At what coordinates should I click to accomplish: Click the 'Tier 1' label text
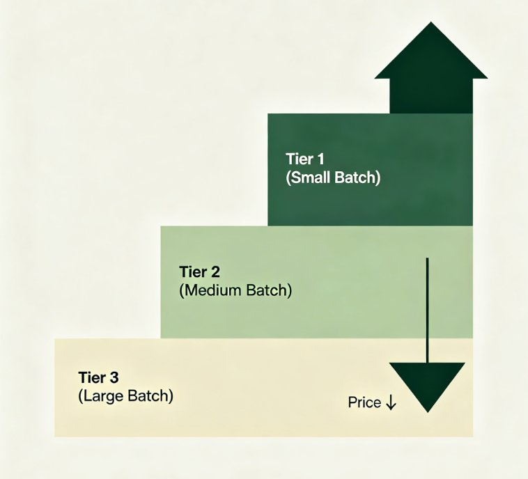[305, 159]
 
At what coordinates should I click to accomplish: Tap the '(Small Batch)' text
[333, 178]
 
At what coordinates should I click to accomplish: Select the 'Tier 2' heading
[200, 272]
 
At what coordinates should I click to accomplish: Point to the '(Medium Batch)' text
[235, 290]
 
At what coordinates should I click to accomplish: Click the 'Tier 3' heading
[99, 377]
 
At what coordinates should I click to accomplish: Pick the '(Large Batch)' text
[126, 396]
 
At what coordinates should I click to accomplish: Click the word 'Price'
[364, 402]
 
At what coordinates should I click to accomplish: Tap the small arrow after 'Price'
[391, 402]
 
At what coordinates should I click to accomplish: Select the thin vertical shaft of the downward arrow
[427, 311]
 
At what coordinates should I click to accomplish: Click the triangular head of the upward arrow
[431, 51]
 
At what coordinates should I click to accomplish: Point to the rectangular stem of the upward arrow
[431, 96]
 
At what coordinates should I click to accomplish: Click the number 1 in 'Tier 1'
[320, 159]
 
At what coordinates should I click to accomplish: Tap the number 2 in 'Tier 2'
[215, 272]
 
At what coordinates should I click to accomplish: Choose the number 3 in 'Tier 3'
[114, 377]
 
